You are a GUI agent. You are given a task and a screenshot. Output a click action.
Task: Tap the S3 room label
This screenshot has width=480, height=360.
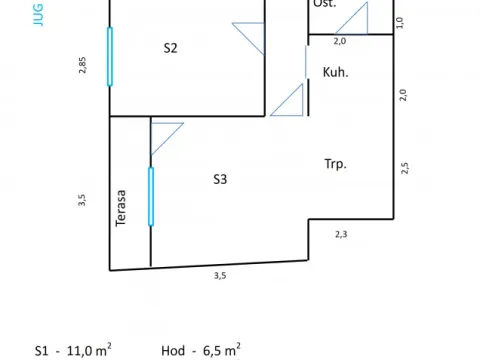pyautogui.click(x=221, y=180)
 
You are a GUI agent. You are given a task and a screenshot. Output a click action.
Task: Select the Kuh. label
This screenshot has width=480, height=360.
pyautogui.click(x=335, y=72)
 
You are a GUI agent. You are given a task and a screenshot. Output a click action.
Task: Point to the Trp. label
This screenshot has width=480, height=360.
pyautogui.click(x=335, y=164)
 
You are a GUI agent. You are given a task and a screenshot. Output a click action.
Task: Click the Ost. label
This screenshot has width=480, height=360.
pyautogui.click(x=325, y=5)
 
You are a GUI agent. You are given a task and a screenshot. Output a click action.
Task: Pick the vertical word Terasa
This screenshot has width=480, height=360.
pyautogui.click(x=122, y=208)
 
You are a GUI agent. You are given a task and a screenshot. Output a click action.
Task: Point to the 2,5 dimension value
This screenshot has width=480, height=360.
pyautogui.click(x=405, y=167)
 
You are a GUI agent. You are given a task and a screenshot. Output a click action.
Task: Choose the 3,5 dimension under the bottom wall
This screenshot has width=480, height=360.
pyautogui.click(x=220, y=275)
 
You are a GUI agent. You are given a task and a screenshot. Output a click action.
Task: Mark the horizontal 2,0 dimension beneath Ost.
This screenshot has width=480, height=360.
pyautogui.click(x=339, y=42)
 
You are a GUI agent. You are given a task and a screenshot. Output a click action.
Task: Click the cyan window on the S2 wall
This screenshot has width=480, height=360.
pyautogui.click(x=110, y=56)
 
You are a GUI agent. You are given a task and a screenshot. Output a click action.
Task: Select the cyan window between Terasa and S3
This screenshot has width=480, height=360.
pyautogui.click(x=151, y=196)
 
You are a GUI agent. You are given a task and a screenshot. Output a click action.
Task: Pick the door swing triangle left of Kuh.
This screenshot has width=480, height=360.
pyautogui.click(x=289, y=101)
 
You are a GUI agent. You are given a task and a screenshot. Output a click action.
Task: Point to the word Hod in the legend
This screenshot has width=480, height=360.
pyautogui.click(x=172, y=351)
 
